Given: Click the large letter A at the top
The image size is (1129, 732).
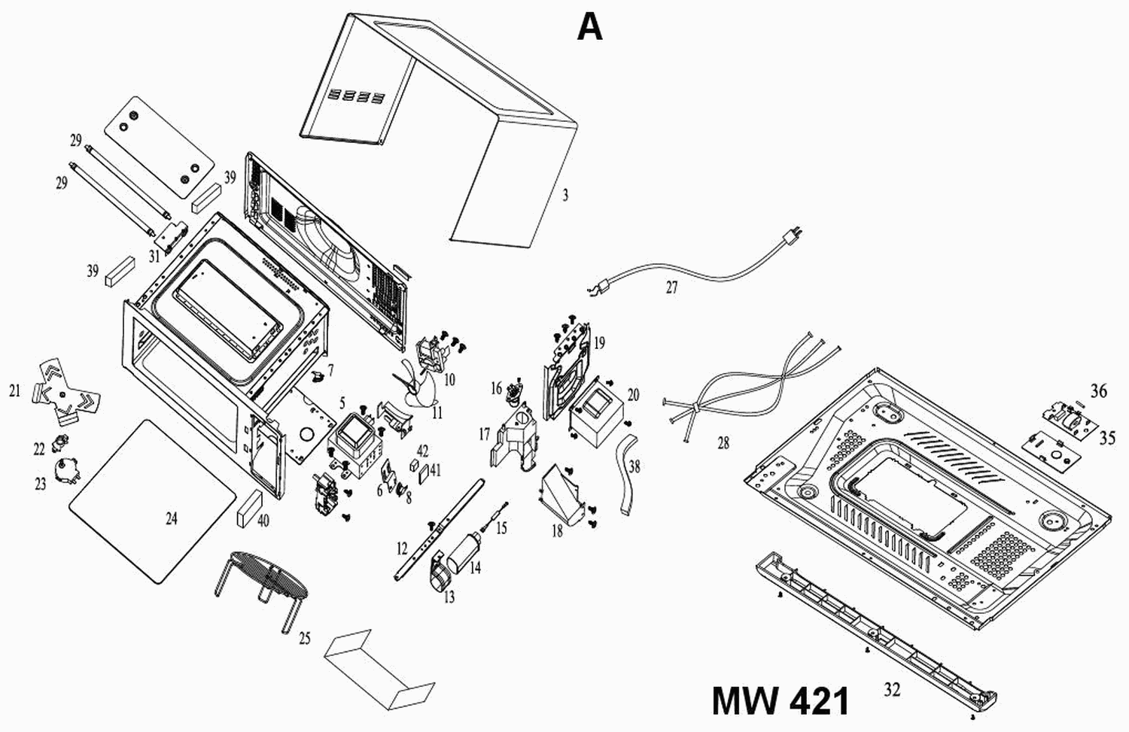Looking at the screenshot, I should coord(590,28).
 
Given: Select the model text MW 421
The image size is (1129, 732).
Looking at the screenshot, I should coord(781,701).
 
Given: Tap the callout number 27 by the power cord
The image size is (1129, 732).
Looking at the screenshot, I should coord(672,287).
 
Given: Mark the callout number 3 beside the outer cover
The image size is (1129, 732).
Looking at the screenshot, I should coord(565,196).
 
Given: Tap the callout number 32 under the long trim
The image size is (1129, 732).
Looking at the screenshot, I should coord(892,688).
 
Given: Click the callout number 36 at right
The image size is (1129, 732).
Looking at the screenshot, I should coord(1099,391).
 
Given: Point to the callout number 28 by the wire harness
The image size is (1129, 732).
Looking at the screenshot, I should coord(723,443).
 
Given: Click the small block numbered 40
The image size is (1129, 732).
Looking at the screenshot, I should coord(248,509).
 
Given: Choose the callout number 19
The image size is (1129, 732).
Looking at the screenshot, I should coord(599,344).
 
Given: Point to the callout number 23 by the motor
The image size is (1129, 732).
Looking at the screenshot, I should coord(41,484).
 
